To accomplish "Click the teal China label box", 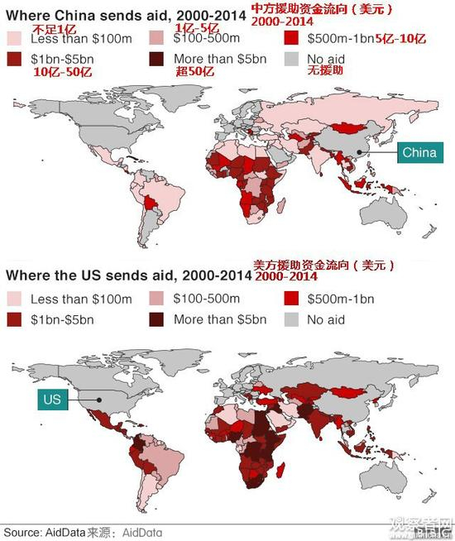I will click(x=420, y=152).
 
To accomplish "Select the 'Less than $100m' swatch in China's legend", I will click(x=15, y=38).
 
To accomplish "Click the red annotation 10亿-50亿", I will click(x=62, y=73).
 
